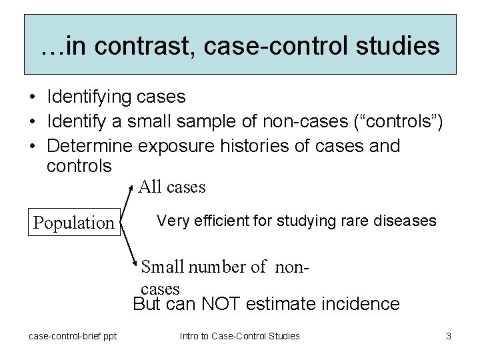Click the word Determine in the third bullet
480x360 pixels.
(91, 145)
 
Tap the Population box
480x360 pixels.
(74, 222)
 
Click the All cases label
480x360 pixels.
(172, 187)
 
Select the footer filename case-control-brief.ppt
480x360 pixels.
(73, 336)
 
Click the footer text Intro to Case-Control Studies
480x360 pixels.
(239, 336)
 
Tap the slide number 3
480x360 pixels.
(449, 336)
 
